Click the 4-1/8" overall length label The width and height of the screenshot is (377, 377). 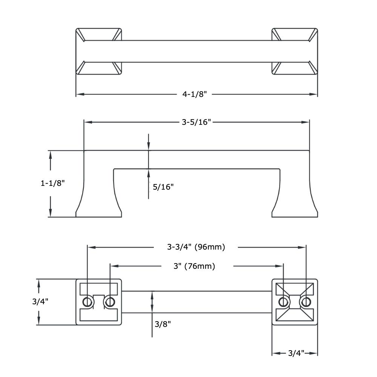tap(195, 94)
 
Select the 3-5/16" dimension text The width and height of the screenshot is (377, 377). tap(196, 122)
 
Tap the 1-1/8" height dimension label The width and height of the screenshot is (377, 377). tap(53, 183)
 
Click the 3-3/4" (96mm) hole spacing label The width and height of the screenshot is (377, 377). tap(196, 247)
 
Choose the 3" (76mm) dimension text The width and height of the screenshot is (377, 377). tap(195, 266)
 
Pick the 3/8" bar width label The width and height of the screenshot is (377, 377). tap(163, 324)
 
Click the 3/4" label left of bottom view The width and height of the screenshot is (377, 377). tap(40, 301)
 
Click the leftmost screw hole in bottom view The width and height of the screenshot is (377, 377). tap(87, 302)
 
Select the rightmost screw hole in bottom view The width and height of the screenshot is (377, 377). tap(306, 302)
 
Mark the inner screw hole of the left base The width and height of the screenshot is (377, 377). tap(110, 302)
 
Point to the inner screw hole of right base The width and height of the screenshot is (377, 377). tap(283, 302)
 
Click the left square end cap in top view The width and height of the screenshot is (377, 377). tap(99, 51)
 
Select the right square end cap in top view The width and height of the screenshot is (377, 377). tap(294, 51)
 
